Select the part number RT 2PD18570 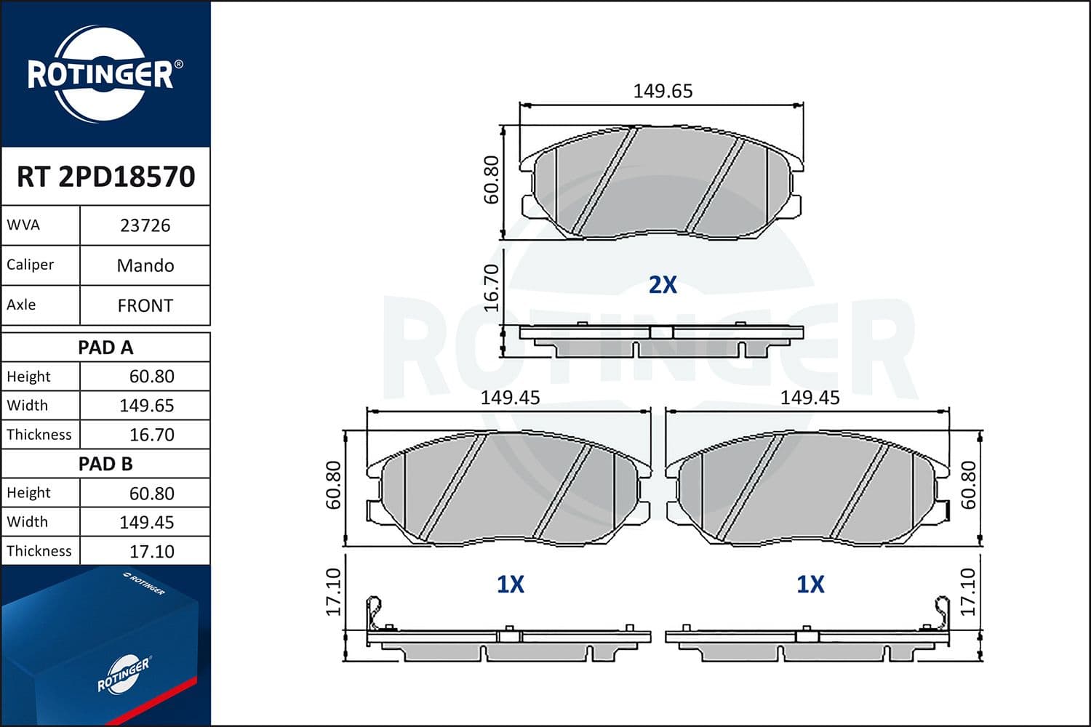pos(106,177)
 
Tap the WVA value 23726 pos(145,225)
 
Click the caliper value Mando pos(145,265)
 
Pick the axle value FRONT pos(145,305)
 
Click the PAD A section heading pos(105,348)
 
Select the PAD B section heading pos(105,464)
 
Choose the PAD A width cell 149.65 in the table pos(146,406)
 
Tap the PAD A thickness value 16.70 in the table pos(151,435)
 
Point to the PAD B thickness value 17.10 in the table pos(151,551)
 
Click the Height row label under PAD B pos(29,493)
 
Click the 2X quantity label pos(663,284)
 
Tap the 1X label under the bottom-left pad pos(510,584)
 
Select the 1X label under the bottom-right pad pos(810,584)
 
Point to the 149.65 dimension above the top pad pos(663,91)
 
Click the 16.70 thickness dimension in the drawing pos(492,287)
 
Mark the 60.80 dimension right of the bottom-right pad pos(969,484)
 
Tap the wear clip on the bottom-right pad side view pos(942,613)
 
